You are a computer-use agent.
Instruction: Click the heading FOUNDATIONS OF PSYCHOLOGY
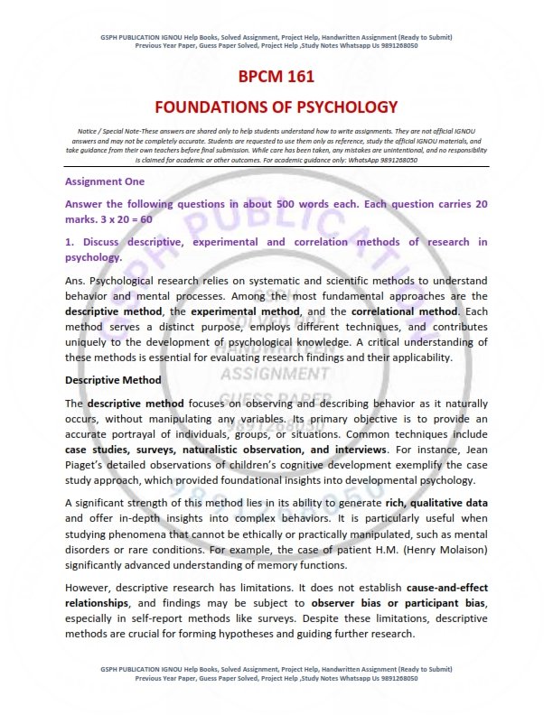click(x=276, y=107)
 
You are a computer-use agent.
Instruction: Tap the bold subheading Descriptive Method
click(x=113, y=380)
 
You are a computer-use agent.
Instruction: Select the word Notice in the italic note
click(x=88, y=132)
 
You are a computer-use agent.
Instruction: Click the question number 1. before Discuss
click(x=70, y=242)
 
